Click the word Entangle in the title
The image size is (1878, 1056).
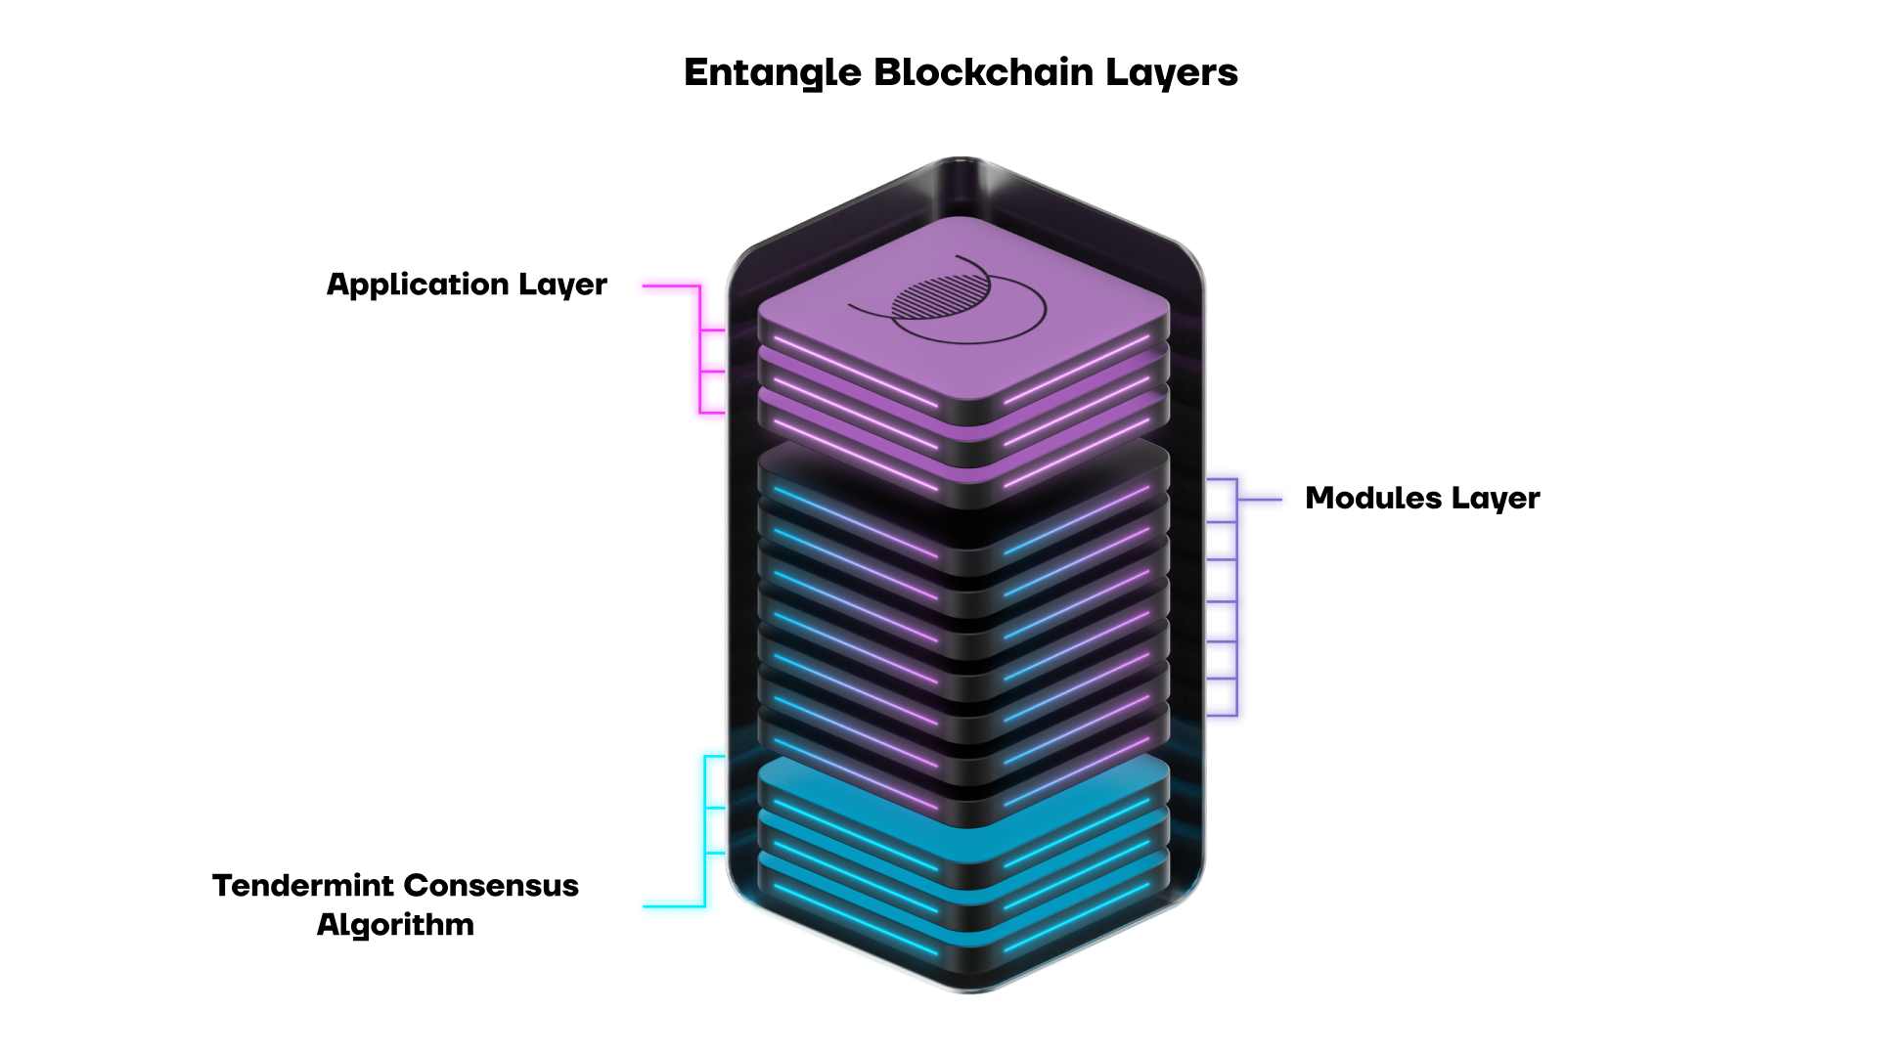772,72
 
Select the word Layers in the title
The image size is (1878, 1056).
1172,72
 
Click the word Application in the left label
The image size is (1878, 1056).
418,285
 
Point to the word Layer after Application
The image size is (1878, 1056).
562,285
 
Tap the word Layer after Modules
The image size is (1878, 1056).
1496,498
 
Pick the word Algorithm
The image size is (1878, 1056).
395,924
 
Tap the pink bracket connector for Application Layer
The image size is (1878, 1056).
700,349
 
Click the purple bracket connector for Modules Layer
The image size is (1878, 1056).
1235,596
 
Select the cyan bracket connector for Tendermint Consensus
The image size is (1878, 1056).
705,831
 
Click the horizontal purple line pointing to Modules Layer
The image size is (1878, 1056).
1260,500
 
